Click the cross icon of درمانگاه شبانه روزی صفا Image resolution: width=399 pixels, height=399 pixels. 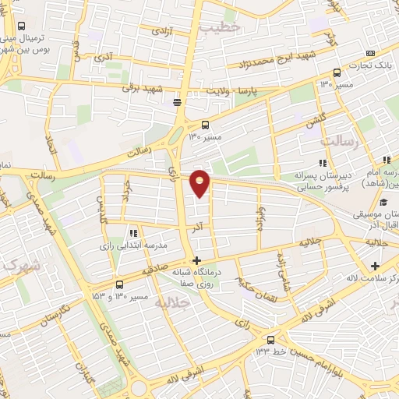click(196, 260)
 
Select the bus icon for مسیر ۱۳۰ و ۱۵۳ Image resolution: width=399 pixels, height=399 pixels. click(118, 285)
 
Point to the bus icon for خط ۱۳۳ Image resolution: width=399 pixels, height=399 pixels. click(270, 340)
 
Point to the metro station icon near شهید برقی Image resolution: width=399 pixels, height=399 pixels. click(178, 101)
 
